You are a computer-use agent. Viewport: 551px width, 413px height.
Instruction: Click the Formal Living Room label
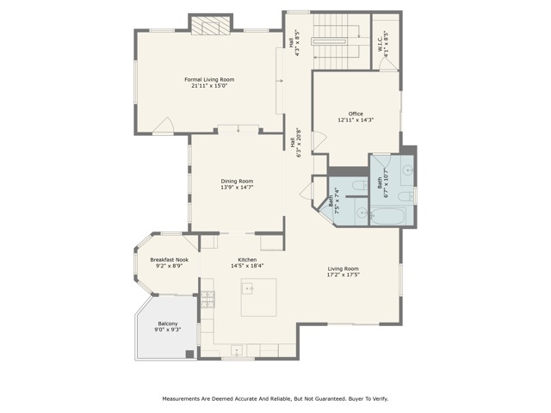[x=209, y=80]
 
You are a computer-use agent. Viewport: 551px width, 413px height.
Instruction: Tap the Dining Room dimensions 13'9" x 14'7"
[x=237, y=188]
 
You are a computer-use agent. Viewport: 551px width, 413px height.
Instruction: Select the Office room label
[x=356, y=114]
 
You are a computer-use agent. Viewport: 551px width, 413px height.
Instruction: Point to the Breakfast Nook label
[x=169, y=260]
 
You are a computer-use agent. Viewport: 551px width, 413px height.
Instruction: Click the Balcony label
[x=168, y=324]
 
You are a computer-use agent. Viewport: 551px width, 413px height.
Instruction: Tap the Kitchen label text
[x=247, y=260]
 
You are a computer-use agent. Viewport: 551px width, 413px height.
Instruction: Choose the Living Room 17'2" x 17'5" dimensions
[x=344, y=275]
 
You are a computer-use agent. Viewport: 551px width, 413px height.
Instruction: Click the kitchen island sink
[x=247, y=288]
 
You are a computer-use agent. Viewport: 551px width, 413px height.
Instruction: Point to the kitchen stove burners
[x=207, y=299]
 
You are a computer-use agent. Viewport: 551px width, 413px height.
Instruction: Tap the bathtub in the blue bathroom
[x=388, y=216]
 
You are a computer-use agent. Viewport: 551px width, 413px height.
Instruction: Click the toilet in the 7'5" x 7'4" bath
[x=360, y=185]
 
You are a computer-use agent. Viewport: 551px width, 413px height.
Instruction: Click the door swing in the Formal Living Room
[x=164, y=126]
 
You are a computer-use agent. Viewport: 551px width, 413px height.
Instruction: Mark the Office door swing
[x=319, y=142]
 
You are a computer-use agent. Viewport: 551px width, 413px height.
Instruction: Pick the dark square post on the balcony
[x=189, y=354]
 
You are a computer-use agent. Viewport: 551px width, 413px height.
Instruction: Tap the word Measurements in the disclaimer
[x=181, y=399]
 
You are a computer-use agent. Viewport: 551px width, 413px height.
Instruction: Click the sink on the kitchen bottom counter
[x=237, y=350]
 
